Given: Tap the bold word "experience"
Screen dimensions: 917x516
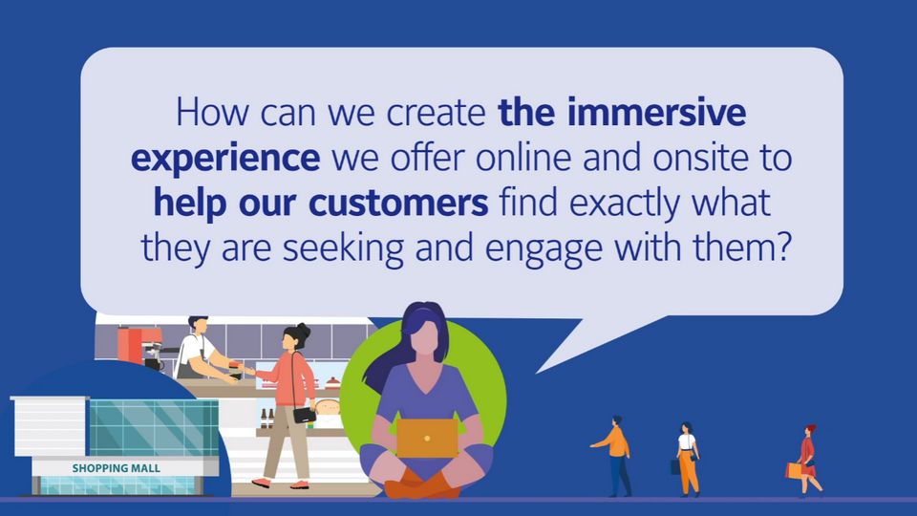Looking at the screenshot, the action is tap(225, 160).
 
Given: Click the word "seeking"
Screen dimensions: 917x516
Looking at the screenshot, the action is tap(343, 248).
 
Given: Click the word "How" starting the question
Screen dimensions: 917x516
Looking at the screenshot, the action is tap(212, 112).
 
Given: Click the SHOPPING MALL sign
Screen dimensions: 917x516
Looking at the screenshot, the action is tap(116, 468).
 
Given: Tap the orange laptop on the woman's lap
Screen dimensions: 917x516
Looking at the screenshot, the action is tap(427, 438).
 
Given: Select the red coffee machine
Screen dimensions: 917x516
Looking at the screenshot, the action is tap(139, 346).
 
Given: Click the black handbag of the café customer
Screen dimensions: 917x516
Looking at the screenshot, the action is tap(304, 415).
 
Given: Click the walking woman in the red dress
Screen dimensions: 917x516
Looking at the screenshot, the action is tap(807, 461).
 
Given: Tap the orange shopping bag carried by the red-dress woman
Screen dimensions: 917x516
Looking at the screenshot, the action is tap(794, 470).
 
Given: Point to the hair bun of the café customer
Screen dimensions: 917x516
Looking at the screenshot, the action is tap(303, 329).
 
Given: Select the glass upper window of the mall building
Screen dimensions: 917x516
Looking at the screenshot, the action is tap(154, 427).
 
